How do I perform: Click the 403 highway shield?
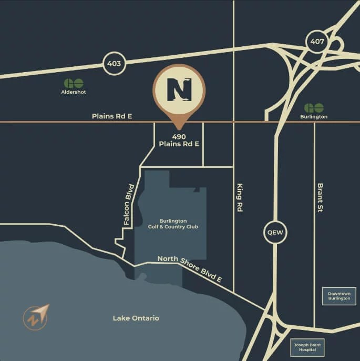(114, 64)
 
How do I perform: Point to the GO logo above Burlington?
(314, 108)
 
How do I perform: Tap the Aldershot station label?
(73, 92)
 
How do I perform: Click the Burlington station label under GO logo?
(314, 116)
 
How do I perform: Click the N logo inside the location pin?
(179, 90)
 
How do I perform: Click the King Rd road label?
(240, 197)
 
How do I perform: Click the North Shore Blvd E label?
(194, 269)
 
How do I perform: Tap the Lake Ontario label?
(136, 318)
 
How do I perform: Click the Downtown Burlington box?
(339, 296)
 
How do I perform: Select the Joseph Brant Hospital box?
(308, 347)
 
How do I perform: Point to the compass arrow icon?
(36, 316)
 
